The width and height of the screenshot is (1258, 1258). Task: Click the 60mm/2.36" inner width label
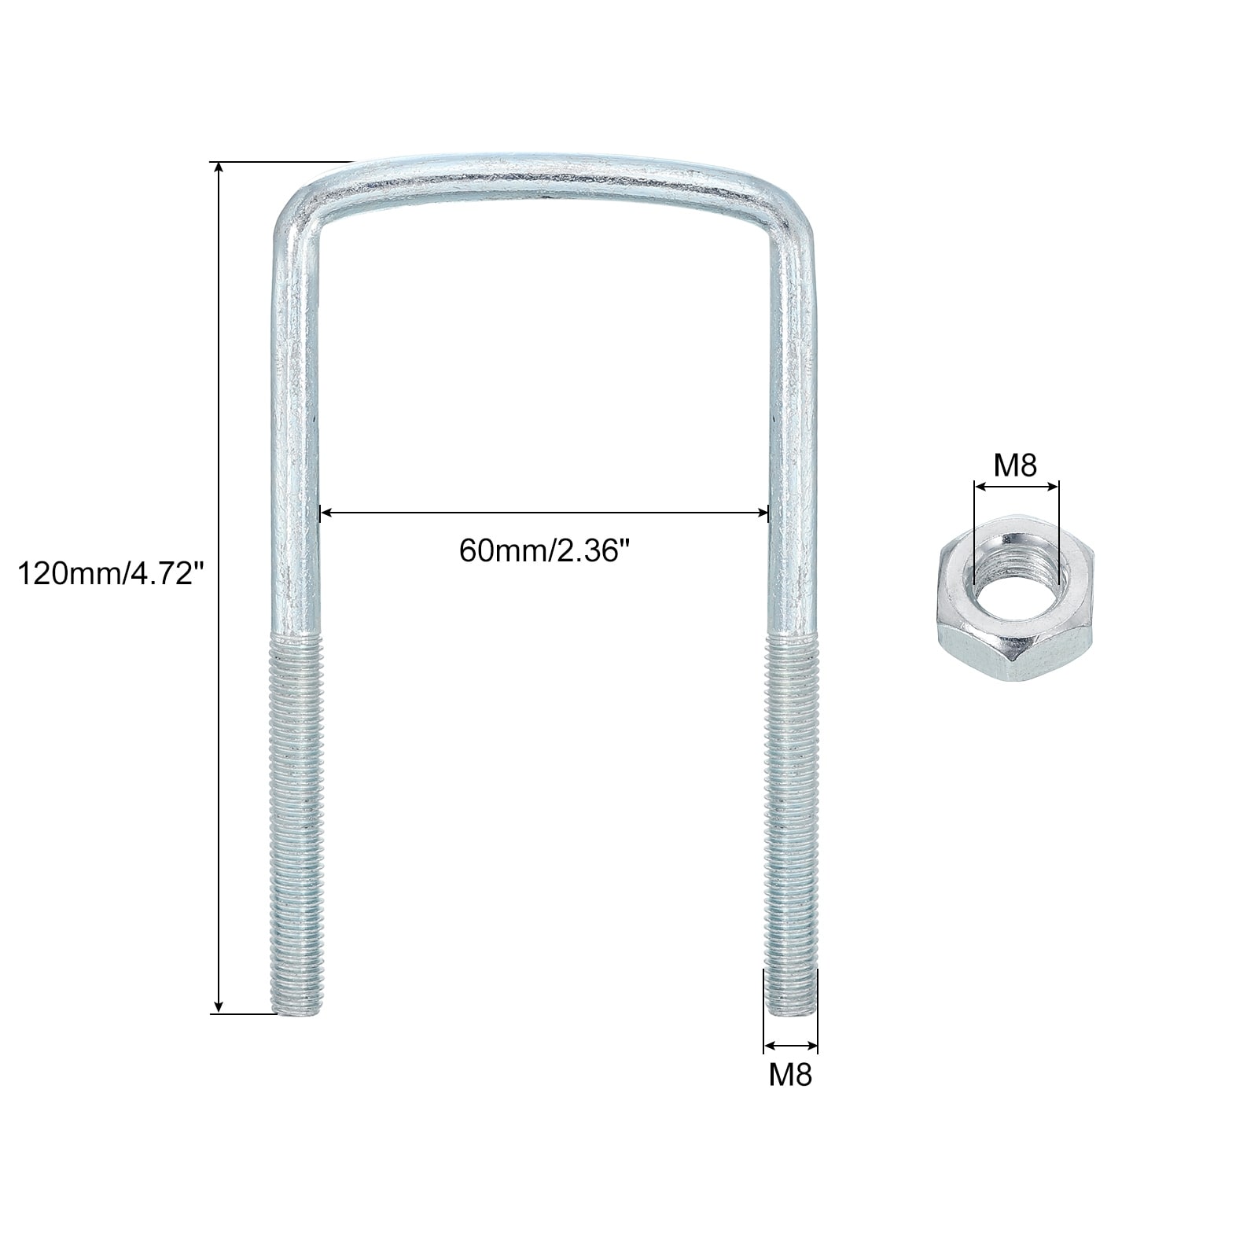click(x=546, y=550)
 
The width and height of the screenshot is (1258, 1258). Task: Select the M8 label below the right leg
click(x=790, y=1074)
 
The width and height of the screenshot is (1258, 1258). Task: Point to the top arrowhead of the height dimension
click(x=219, y=168)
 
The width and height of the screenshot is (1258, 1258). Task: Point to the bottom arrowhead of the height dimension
click(x=219, y=1006)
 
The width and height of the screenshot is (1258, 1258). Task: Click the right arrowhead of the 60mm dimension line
click(x=761, y=513)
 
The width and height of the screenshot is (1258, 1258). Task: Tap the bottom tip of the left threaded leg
click(x=296, y=1012)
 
